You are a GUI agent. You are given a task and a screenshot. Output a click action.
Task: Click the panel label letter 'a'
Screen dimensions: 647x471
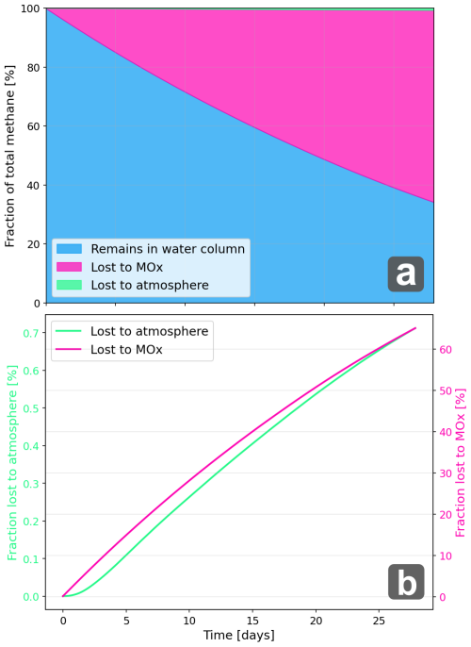point(405,274)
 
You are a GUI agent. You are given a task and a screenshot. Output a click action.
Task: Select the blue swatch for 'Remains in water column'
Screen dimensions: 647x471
point(69,249)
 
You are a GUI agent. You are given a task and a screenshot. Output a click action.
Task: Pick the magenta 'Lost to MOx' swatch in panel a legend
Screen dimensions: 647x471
point(69,267)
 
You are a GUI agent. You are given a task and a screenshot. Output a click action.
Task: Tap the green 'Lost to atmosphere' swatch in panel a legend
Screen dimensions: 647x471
point(69,284)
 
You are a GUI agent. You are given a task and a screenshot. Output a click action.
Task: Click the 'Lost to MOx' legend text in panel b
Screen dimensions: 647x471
point(126,350)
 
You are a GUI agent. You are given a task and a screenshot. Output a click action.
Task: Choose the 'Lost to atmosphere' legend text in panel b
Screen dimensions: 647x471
point(149,331)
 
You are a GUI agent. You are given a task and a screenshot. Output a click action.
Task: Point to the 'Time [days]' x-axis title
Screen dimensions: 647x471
point(239,636)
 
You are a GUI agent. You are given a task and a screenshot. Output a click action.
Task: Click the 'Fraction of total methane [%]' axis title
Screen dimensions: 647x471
point(10,156)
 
